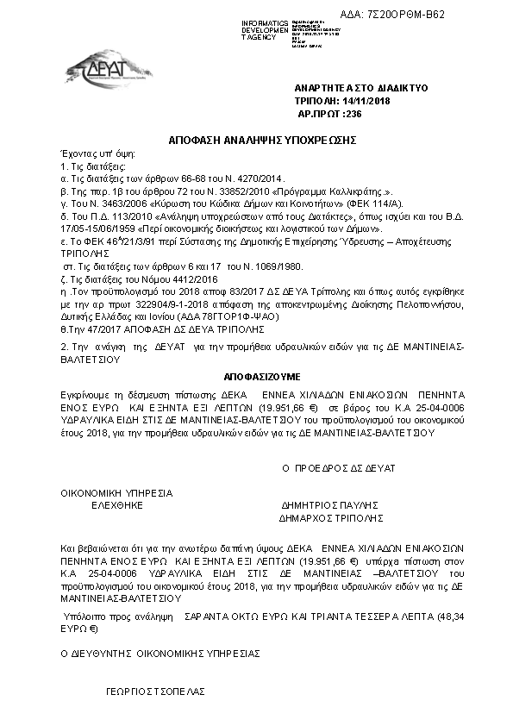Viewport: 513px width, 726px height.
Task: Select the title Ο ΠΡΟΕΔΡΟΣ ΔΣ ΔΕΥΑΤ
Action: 339,467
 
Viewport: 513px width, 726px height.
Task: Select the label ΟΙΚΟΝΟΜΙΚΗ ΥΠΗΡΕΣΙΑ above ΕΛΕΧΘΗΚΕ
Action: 116,493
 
